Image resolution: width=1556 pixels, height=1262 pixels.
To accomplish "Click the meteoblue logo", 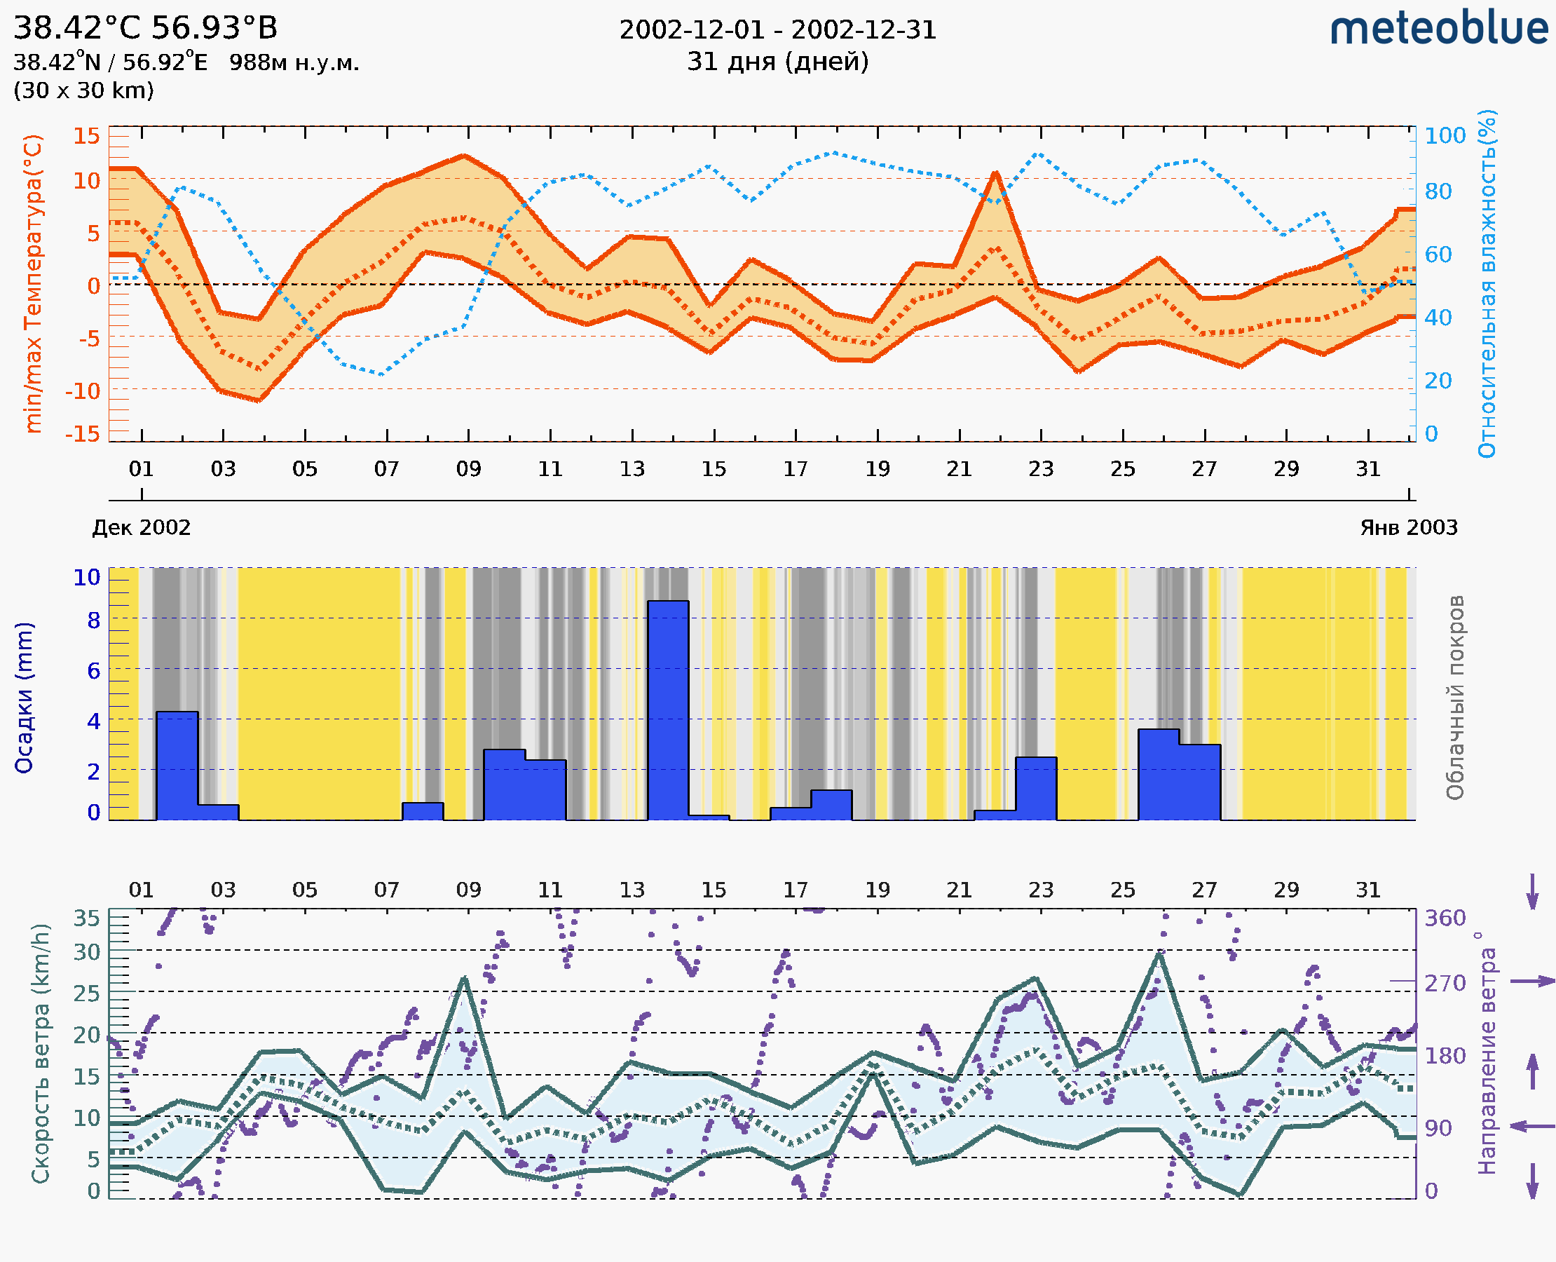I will pyautogui.click(x=1438, y=29).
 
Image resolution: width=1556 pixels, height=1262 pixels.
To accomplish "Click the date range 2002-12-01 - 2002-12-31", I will pyautogui.click(x=777, y=30).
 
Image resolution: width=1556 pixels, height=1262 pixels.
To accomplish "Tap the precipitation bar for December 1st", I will pyautogui.click(x=177, y=765).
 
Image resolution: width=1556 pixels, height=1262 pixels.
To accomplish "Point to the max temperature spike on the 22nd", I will pyautogui.click(x=996, y=174).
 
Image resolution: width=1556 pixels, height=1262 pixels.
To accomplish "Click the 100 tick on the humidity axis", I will pyautogui.click(x=1445, y=135).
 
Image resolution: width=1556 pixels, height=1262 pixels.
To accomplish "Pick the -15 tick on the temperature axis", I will pyautogui.click(x=82, y=433).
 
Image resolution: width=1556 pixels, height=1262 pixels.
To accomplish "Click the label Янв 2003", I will pyautogui.click(x=1409, y=527).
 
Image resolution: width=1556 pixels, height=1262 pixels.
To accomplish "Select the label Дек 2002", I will pyautogui.click(x=141, y=527).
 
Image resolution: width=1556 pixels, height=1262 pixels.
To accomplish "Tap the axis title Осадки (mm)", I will pyautogui.click(x=24, y=698).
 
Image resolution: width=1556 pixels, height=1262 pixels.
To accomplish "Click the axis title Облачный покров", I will pyautogui.click(x=1454, y=698).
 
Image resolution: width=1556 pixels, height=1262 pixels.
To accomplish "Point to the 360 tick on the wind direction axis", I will pyautogui.click(x=1445, y=918).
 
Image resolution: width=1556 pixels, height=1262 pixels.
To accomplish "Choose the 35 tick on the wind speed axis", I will pyautogui.click(x=86, y=918).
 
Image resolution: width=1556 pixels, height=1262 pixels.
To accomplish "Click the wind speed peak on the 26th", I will pyautogui.click(x=1160, y=953).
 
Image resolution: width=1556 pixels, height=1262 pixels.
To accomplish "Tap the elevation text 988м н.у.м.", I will pyautogui.click(x=294, y=62).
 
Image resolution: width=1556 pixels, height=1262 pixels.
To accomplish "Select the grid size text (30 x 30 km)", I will pyautogui.click(x=83, y=90).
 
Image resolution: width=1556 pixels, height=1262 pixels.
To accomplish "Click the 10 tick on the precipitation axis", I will pyautogui.click(x=86, y=577).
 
